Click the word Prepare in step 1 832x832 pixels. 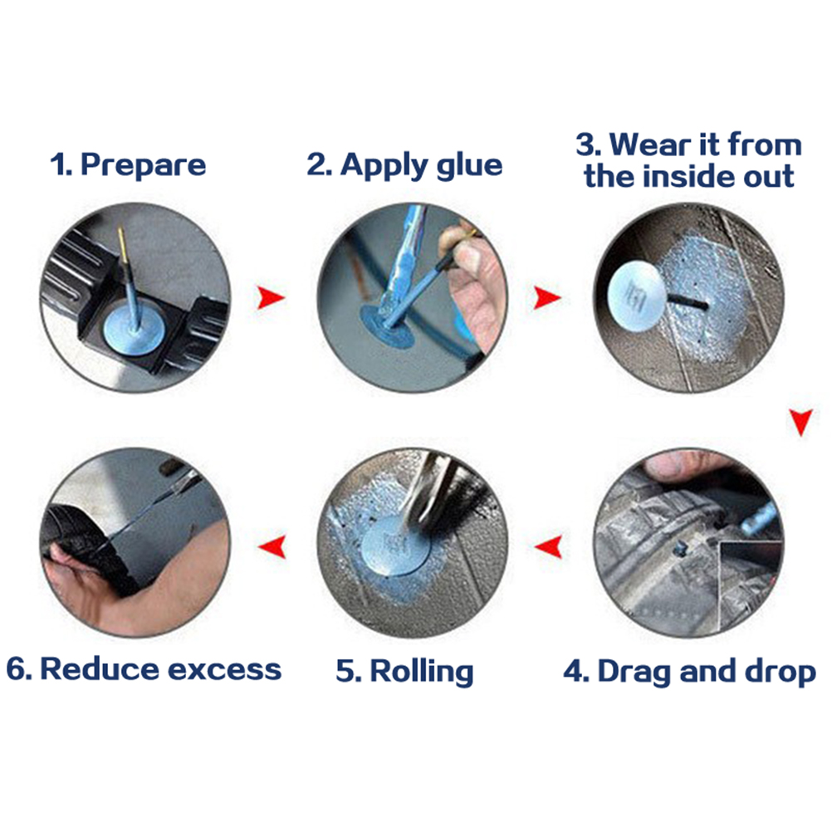[x=143, y=165]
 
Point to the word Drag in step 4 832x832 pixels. [x=635, y=673]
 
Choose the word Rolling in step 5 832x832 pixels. [x=421, y=672]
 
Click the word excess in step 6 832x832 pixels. [x=224, y=669]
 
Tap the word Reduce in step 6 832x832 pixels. [x=100, y=668]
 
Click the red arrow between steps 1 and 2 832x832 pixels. [x=271, y=297]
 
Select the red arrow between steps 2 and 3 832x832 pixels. [x=546, y=297]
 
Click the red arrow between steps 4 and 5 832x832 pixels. [x=548, y=546]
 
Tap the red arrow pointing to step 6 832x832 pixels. [x=272, y=546]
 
